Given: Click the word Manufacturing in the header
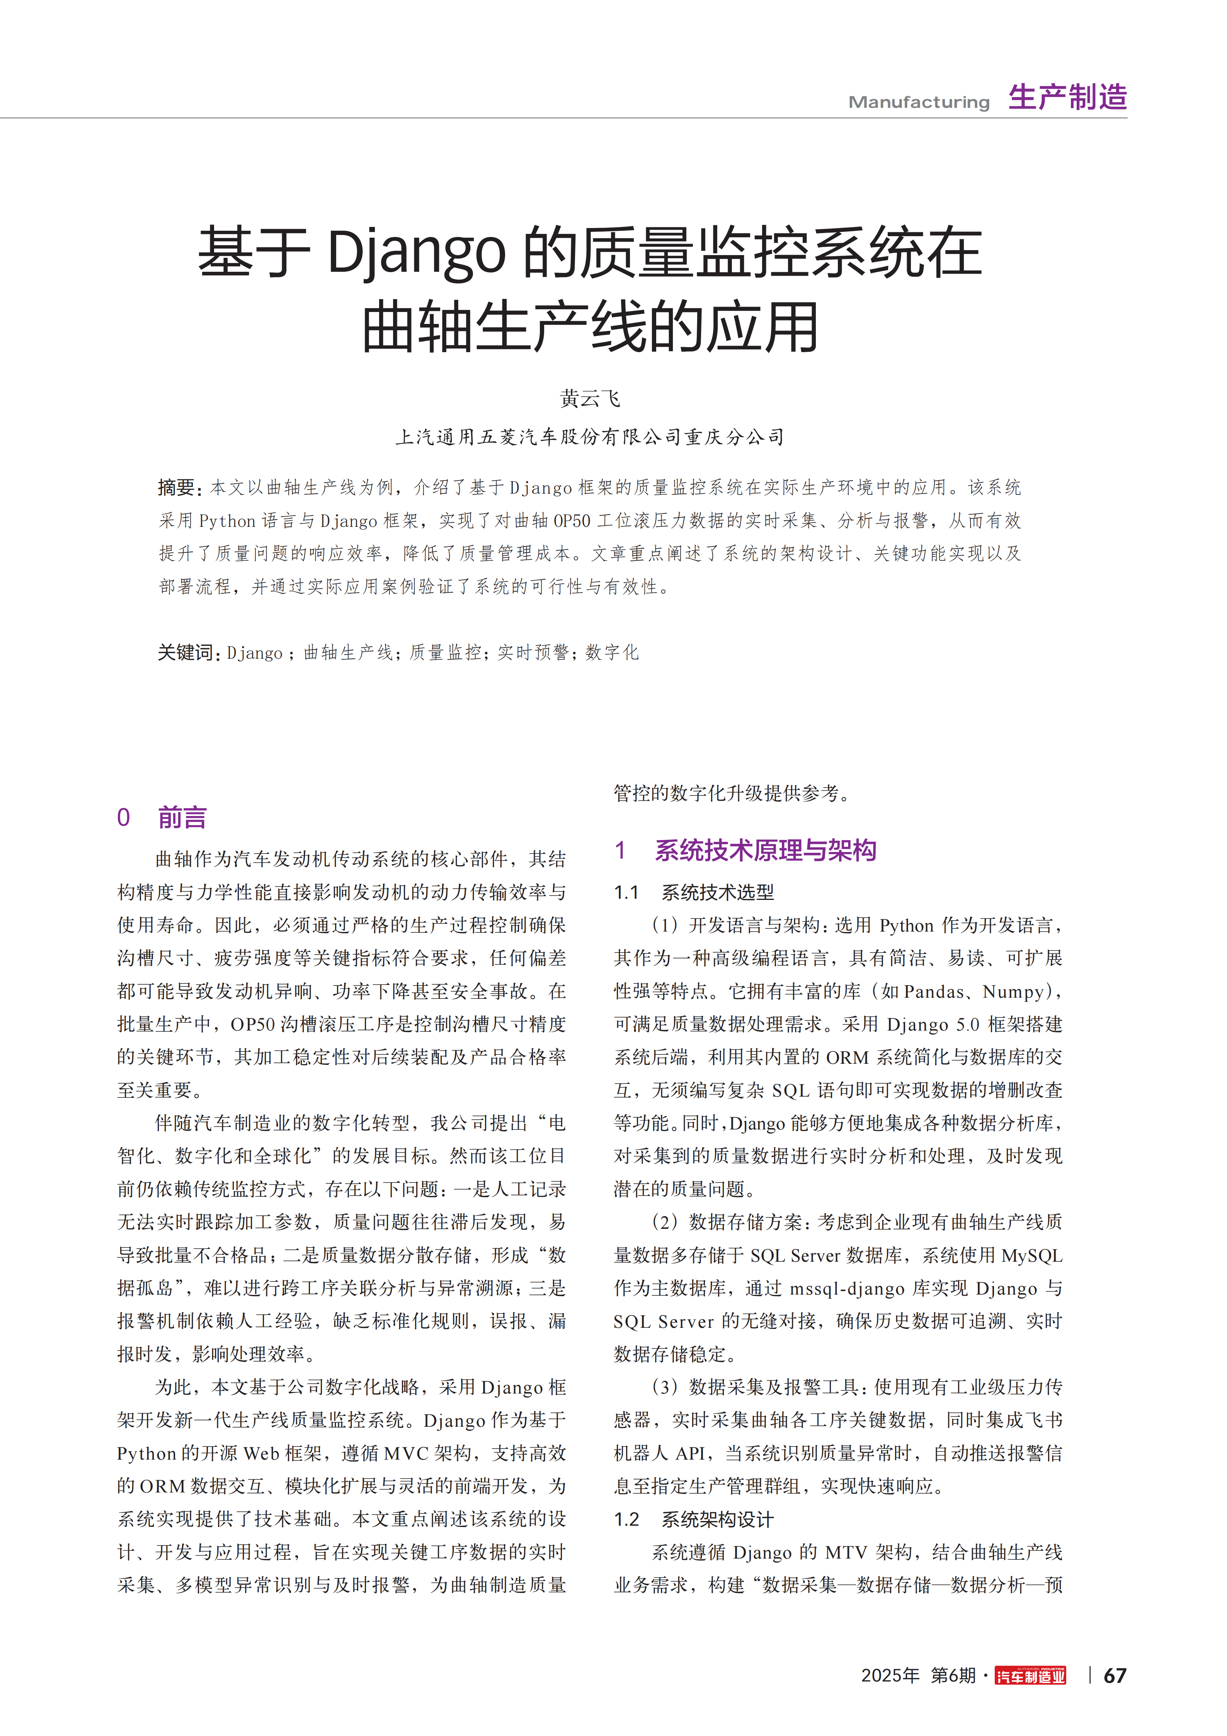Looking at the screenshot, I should tap(919, 102).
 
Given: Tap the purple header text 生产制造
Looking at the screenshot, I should tap(1067, 97).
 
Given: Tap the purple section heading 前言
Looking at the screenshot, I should tap(182, 817).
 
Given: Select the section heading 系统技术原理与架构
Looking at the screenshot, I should tap(765, 851).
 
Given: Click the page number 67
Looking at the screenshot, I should tap(1115, 1676).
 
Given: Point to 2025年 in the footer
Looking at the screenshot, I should tap(890, 1676).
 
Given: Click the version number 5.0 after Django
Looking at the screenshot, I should tap(968, 1024).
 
